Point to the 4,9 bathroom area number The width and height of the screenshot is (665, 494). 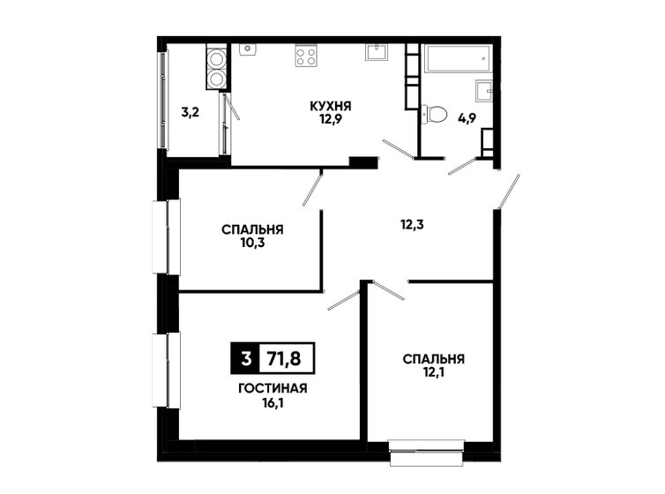tap(466, 114)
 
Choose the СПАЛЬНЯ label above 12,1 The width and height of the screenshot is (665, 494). tap(433, 359)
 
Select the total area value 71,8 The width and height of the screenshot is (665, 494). tap(287, 359)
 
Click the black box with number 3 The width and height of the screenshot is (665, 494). tap(244, 359)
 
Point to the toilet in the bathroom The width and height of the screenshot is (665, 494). tap(434, 114)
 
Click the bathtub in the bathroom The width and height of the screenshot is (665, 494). tap(457, 60)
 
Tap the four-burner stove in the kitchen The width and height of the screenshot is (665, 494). tap(306, 56)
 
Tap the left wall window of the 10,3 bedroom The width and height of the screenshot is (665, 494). tap(161, 236)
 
